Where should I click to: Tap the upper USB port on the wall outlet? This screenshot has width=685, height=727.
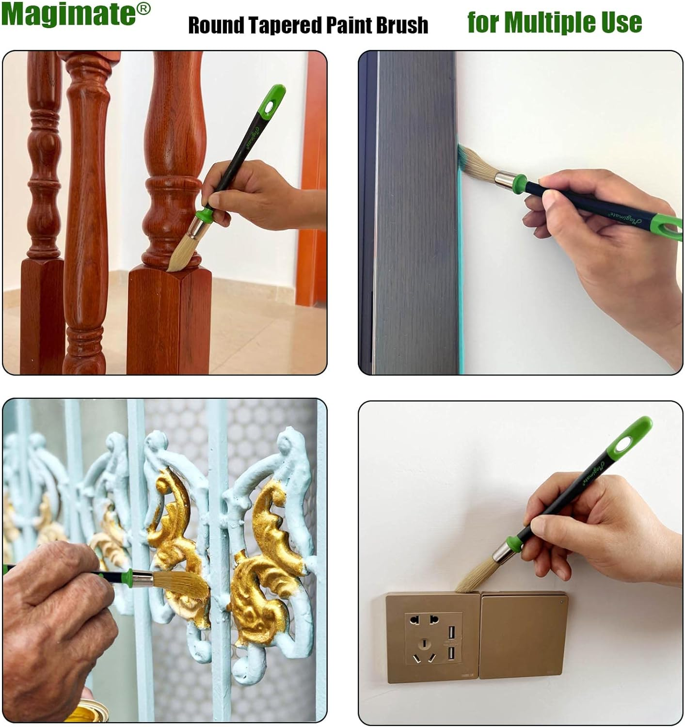pyautogui.click(x=451, y=631)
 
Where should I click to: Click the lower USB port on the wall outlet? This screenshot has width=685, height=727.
pyautogui.click(x=451, y=654)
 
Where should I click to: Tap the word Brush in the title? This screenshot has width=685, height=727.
pyautogui.click(x=402, y=25)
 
